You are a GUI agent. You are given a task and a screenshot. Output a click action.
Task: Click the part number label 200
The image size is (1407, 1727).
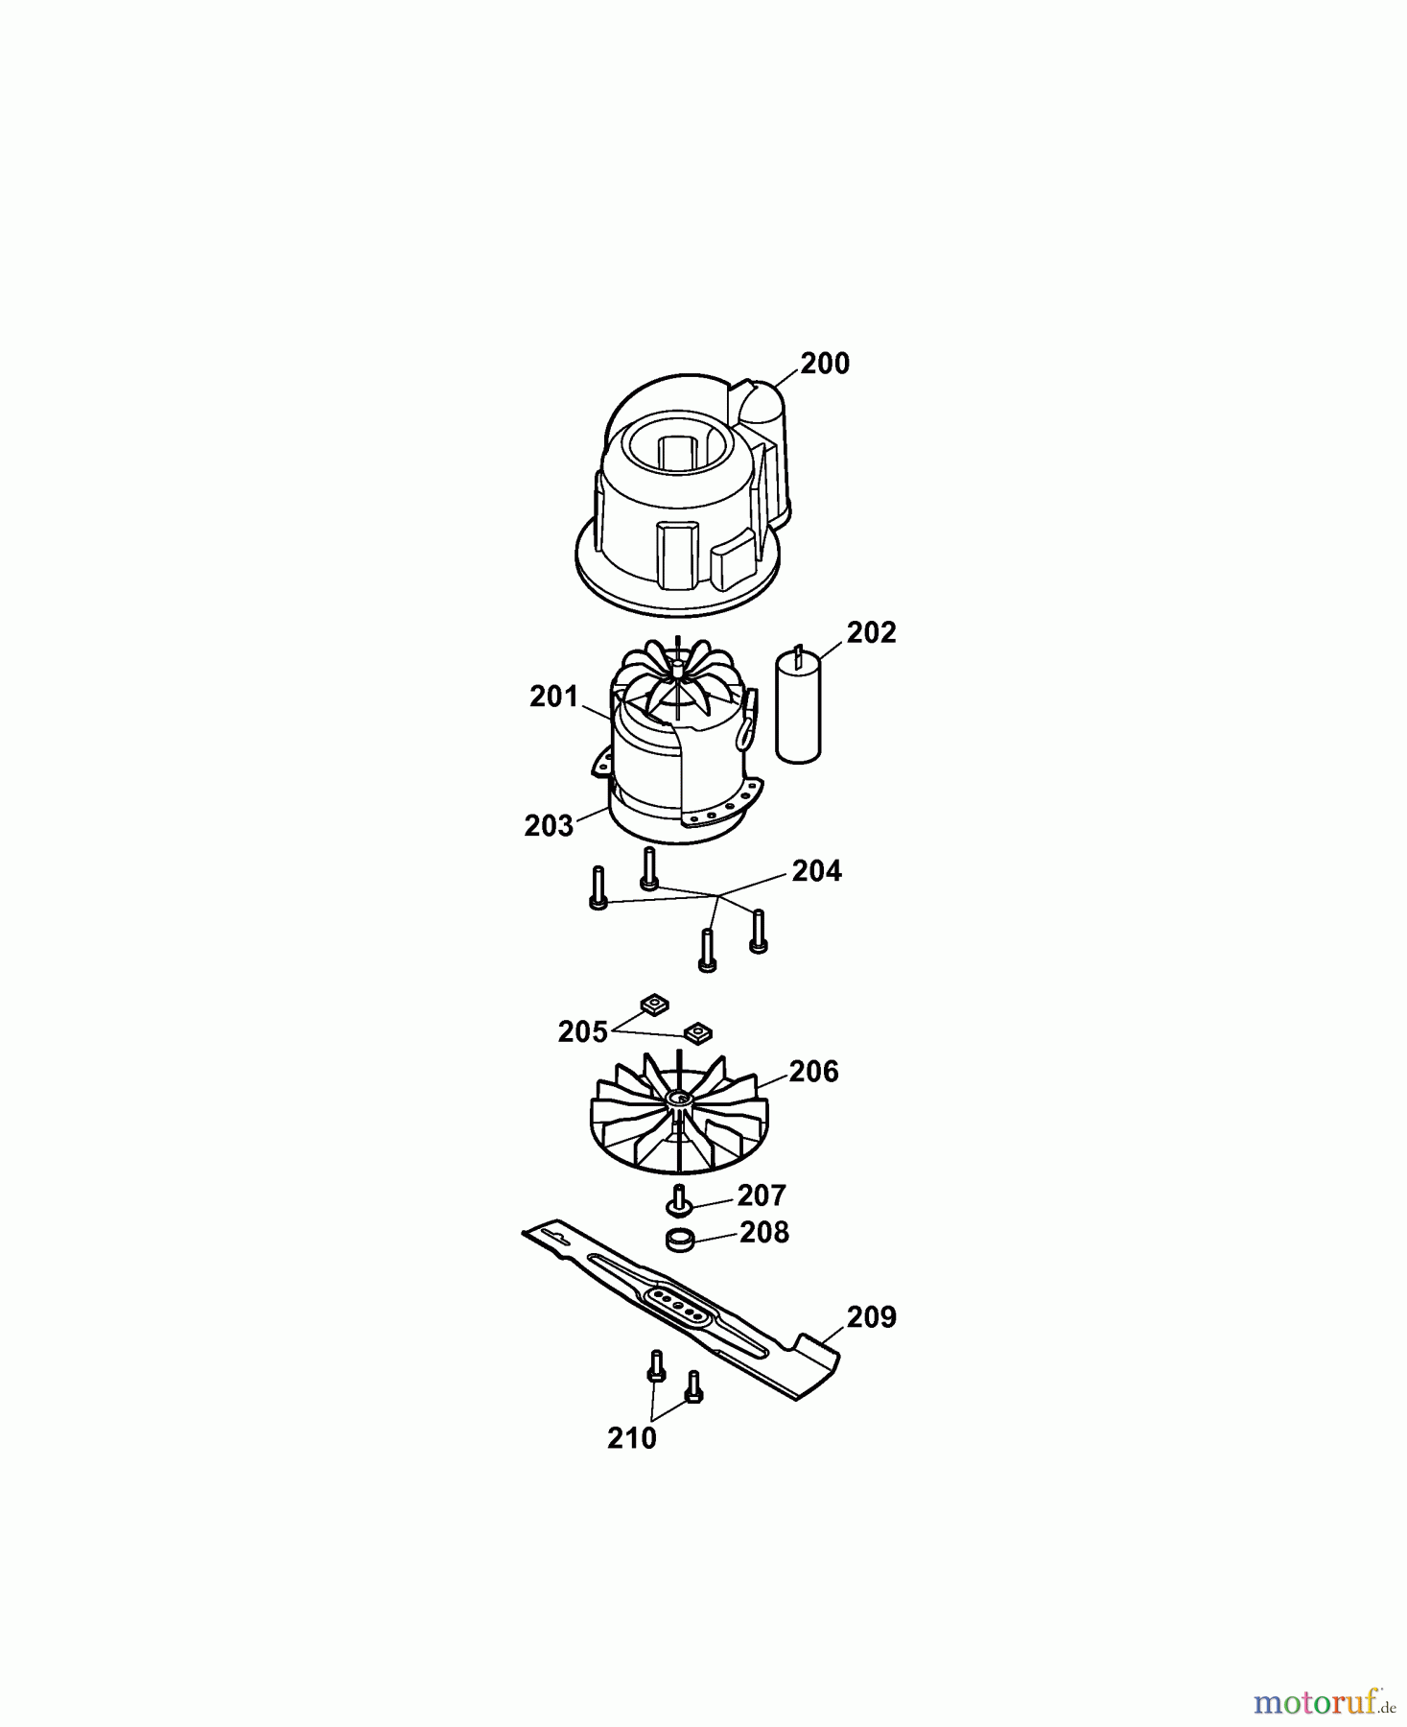824,364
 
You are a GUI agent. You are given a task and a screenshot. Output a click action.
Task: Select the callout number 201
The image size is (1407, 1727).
553,697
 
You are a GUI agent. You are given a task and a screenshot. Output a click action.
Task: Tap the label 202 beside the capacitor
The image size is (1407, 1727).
870,632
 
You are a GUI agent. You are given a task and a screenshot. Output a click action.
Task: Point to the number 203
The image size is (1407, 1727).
549,825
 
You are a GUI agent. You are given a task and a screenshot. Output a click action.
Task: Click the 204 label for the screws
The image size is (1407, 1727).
815,870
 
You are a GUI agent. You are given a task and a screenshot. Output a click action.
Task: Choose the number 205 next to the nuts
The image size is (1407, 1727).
582,1032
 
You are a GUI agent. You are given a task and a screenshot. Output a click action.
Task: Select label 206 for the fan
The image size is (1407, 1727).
813,1072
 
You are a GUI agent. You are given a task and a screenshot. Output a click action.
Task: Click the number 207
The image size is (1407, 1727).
761,1195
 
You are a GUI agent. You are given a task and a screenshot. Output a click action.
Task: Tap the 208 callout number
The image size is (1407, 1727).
763,1232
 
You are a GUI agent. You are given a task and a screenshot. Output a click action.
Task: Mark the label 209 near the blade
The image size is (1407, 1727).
871,1317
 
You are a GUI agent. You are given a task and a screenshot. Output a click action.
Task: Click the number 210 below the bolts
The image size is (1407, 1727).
631,1438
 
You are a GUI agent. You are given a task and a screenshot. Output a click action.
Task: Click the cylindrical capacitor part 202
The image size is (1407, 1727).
798,710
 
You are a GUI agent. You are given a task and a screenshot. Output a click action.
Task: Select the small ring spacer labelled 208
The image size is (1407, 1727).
680,1240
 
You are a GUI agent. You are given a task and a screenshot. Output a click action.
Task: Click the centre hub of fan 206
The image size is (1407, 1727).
681,1098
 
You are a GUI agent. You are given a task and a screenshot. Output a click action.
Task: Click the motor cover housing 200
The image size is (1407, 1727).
679,509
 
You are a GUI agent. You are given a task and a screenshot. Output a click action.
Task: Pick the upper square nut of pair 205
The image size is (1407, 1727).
654,1005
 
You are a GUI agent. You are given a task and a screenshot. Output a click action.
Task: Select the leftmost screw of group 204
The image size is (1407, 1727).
598,887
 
